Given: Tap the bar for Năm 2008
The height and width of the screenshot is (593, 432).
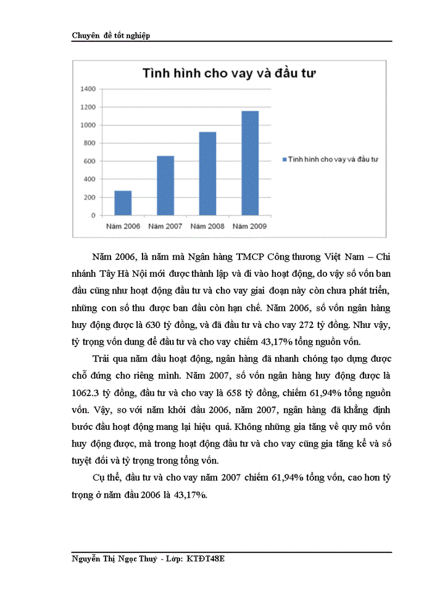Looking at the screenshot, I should coord(207,174).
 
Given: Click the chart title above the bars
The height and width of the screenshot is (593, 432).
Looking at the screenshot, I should coord(230,74).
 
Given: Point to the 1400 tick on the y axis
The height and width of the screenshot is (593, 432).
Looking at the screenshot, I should coord(88,89).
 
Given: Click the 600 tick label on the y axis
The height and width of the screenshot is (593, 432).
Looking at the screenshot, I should coord(90,161).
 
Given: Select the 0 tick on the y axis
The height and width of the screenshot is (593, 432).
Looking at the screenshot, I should coord(94,216).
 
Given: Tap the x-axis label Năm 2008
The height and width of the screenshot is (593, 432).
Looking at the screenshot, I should coord(207,226).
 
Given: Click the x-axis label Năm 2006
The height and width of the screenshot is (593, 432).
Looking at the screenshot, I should coord(123,226).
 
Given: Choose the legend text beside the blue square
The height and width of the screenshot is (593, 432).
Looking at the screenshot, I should coord(333,159).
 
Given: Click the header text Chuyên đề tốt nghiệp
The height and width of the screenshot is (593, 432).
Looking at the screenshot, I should coord(111,35).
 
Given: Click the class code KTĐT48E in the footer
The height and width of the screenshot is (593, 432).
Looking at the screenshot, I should coord(208,559).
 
